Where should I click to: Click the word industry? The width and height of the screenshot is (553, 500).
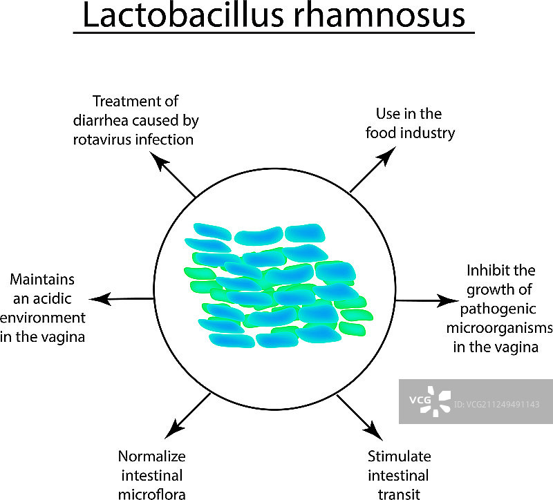tap(427, 132)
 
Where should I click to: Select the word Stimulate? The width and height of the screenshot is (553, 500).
tap(399, 456)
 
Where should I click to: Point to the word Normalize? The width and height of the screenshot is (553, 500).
tap(151, 456)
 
